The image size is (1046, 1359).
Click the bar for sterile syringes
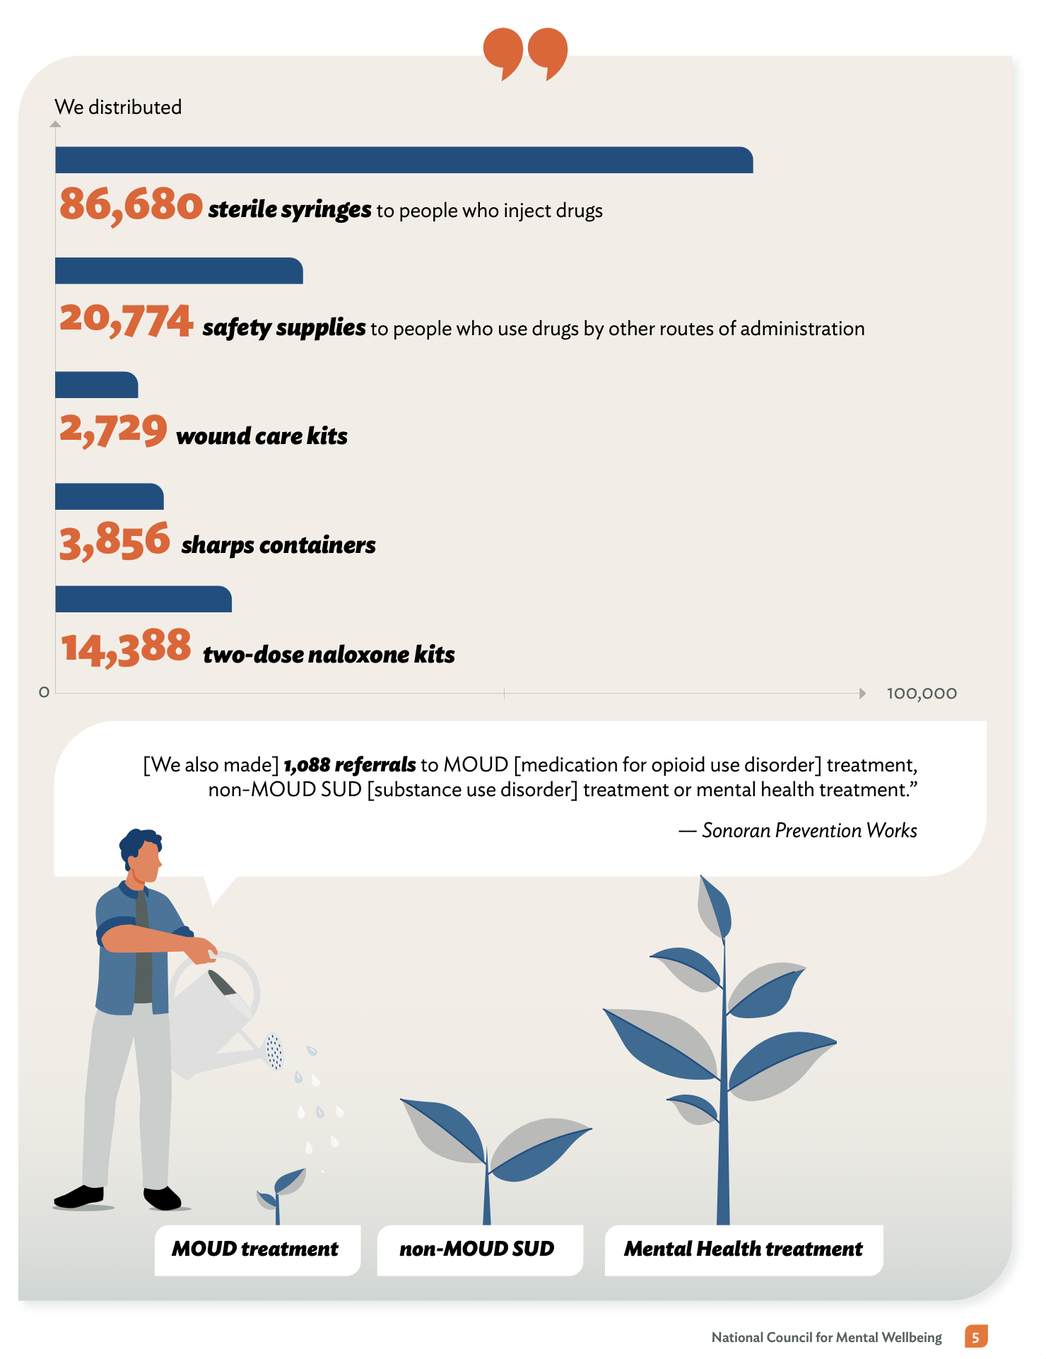404,160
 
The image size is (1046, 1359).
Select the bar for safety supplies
179,271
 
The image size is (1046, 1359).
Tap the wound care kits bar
96,385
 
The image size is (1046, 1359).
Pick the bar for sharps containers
110,496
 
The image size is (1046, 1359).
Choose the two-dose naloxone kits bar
143,599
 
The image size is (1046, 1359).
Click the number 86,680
131,206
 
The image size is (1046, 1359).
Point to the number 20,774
127,320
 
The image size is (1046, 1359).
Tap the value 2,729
113,430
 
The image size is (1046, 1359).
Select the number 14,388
126,648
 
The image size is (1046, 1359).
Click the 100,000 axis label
922,694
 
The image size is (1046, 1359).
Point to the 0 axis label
44,692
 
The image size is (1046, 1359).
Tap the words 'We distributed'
118,107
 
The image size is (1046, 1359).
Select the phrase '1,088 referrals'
350,765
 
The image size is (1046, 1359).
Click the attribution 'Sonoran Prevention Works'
809,830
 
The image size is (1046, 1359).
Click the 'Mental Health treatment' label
744,1250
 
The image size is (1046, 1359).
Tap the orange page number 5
976,1336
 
